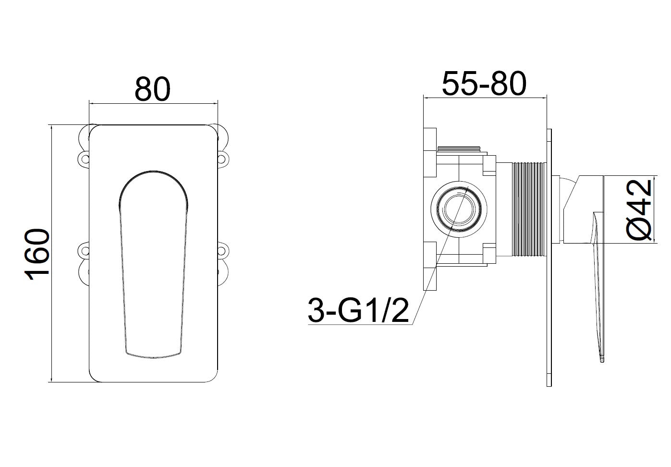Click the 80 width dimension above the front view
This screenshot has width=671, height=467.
(153, 88)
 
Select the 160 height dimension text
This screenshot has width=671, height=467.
(38, 254)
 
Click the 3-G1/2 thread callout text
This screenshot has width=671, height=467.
(358, 311)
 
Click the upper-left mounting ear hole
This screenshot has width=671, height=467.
(84, 157)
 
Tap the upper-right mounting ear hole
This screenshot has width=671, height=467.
(223, 157)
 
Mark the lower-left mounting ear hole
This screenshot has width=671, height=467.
(84, 250)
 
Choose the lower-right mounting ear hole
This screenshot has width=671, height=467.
(223, 250)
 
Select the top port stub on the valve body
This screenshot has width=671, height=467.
(460, 149)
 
